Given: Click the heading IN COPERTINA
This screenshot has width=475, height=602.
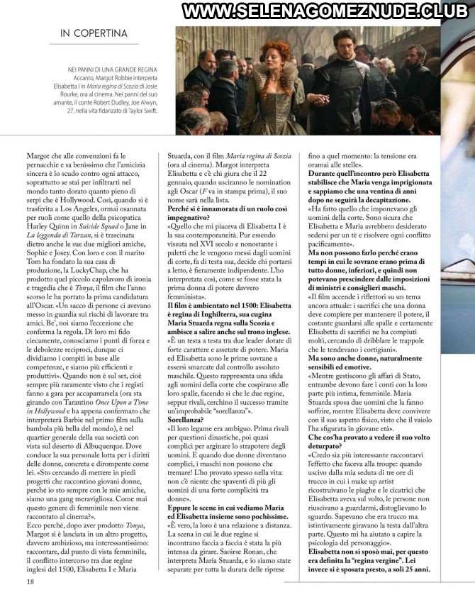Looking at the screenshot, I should (x=94, y=33).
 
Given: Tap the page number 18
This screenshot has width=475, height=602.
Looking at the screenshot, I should (x=30, y=581).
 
